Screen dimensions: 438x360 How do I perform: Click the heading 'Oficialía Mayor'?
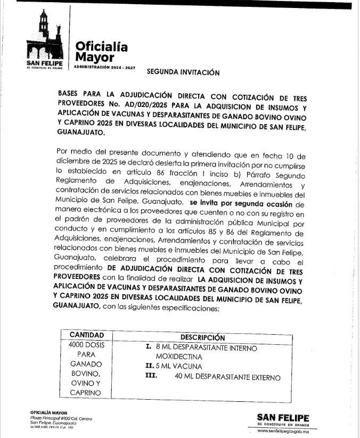pyautogui.click(x=101, y=51)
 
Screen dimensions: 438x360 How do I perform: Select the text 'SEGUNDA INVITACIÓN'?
pyautogui.click(x=183, y=73)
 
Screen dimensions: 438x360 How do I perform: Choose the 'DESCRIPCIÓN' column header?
pyautogui.click(x=203, y=337)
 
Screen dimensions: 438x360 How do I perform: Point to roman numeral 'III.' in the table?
pyautogui.click(x=152, y=377)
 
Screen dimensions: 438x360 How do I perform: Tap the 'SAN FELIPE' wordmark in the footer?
pyautogui.click(x=283, y=417)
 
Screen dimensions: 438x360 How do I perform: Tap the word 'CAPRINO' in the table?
pyautogui.click(x=88, y=392)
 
